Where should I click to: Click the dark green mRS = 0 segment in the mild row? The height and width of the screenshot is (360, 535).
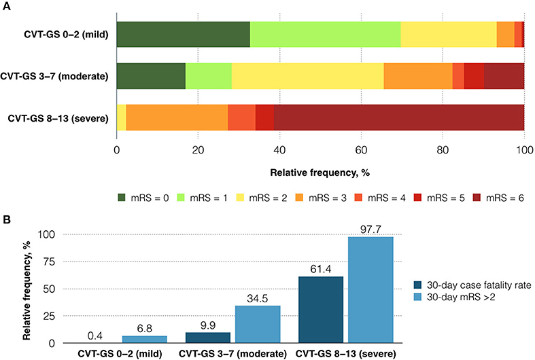pyautogui.click(x=184, y=34)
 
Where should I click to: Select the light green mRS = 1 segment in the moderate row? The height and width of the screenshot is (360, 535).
pyautogui.click(x=208, y=76)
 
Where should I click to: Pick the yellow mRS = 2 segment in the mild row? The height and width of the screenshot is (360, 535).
pyautogui.click(x=449, y=34)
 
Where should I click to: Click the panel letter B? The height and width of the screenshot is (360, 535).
pyautogui.click(x=5, y=219)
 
